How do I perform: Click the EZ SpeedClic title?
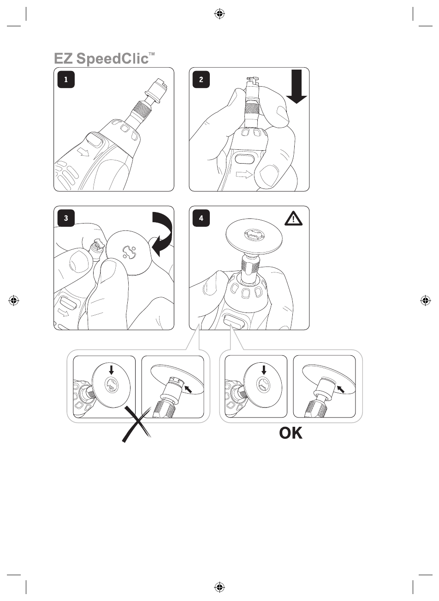click(x=105, y=59)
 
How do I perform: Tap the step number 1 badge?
click(x=66, y=79)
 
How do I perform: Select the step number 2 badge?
click(x=201, y=79)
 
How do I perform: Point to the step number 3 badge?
click(x=66, y=218)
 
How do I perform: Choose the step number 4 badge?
click(x=201, y=218)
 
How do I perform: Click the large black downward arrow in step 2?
click(x=297, y=86)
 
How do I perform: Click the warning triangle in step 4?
click(x=293, y=218)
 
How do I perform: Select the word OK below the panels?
click(x=291, y=433)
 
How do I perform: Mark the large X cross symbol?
click(x=136, y=424)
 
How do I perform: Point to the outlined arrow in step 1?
click(x=83, y=153)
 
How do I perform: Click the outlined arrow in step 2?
click(x=244, y=175)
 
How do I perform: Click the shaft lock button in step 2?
click(x=244, y=159)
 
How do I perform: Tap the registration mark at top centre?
click(x=219, y=13)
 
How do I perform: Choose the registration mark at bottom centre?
click(x=219, y=587)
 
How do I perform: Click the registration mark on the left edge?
click(x=14, y=300)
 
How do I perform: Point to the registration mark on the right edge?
click(x=425, y=300)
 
